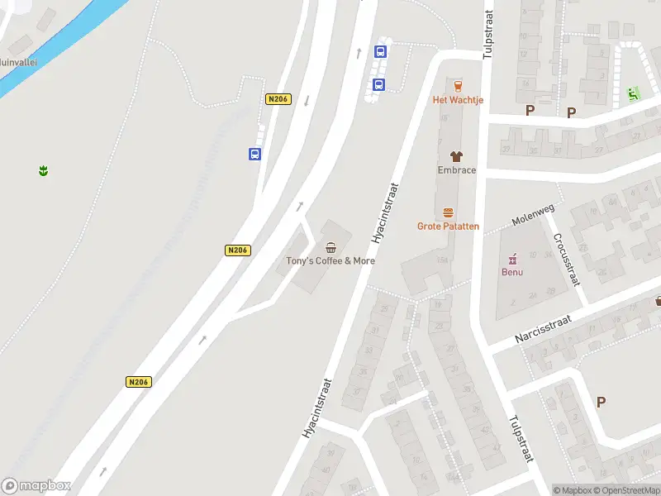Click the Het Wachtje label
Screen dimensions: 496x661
(458, 100)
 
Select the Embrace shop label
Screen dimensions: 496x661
(456, 170)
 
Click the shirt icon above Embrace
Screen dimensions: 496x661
(456, 155)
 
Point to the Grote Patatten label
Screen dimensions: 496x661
(448, 226)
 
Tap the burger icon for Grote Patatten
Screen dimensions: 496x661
(448, 212)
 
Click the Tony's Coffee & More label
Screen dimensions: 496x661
(330, 260)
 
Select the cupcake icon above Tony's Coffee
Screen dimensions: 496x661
(331, 247)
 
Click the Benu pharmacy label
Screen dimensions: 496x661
(512, 271)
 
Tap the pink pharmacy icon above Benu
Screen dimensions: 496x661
(512, 258)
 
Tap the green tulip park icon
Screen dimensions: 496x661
(42, 171)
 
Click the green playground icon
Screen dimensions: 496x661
(634, 94)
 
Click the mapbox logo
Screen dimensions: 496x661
(36, 486)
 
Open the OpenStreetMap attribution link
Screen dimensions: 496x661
(629, 490)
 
